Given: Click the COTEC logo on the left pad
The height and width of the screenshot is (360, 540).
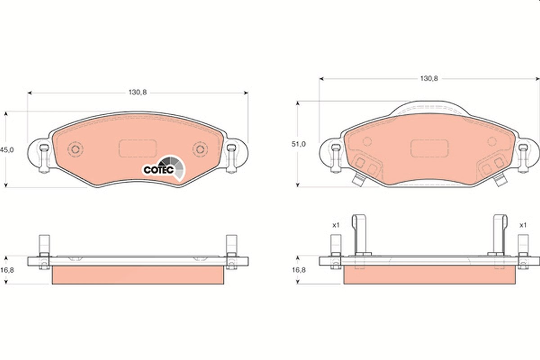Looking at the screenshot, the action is pos(164,167).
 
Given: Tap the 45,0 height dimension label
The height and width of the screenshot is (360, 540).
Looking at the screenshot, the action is pos(7,150).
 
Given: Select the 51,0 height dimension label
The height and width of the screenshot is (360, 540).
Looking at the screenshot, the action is pos(299,144).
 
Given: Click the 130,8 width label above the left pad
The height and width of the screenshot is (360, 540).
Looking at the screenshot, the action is pos(138,92).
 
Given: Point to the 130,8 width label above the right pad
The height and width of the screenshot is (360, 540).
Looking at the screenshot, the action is pos(429,78).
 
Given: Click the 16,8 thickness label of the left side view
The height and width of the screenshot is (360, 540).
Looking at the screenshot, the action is pos(7,270).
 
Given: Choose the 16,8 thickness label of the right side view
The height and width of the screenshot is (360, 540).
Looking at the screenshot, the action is pos(299,270).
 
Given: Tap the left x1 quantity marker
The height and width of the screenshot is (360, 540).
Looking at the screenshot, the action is pos(336,225).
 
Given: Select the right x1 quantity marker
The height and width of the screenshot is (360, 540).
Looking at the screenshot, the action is pos(523,225).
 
